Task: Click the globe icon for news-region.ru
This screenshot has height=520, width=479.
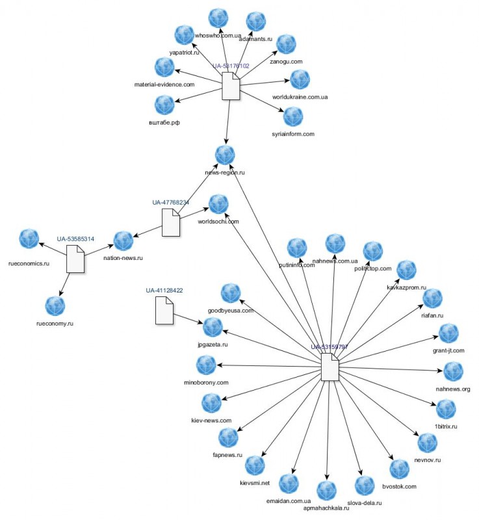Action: [225, 155]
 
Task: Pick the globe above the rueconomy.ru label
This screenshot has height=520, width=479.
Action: [55, 306]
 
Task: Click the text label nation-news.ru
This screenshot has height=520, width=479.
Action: [123, 258]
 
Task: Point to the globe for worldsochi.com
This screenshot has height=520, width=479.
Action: [218, 204]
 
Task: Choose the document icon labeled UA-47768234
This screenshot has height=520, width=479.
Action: [171, 222]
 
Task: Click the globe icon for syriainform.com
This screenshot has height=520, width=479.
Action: [293, 117]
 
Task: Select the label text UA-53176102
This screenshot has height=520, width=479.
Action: [231, 66]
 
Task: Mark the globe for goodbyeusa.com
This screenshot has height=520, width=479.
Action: [231, 294]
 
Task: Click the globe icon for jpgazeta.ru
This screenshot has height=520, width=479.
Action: [213, 327]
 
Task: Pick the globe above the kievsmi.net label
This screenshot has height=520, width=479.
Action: [255, 465]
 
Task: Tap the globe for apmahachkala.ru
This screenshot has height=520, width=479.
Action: [327, 491]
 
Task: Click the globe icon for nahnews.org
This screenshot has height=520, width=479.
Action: [453, 372]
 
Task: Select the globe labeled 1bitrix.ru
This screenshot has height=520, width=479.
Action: [446, 409]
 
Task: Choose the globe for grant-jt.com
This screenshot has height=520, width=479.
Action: [449, 334]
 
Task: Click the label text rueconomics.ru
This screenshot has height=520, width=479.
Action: [29, 264]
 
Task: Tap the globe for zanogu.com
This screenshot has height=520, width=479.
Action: [287, 44]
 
